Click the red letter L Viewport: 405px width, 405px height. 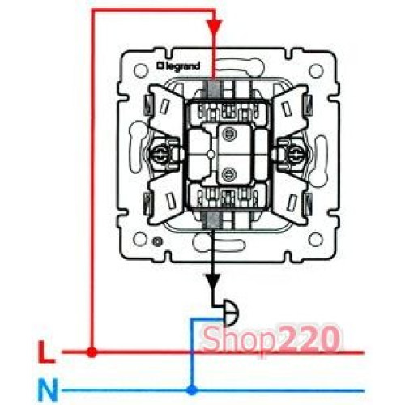pos(46,352)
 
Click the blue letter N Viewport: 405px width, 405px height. pos(48,390)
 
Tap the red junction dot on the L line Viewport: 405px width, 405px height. pos(92,352)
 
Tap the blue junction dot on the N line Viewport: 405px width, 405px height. pos(192,390)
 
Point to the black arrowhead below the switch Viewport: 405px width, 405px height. pos(213,282)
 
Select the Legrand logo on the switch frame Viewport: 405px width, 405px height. pos(178,66)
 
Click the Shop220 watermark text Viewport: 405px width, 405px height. pos(271,339)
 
